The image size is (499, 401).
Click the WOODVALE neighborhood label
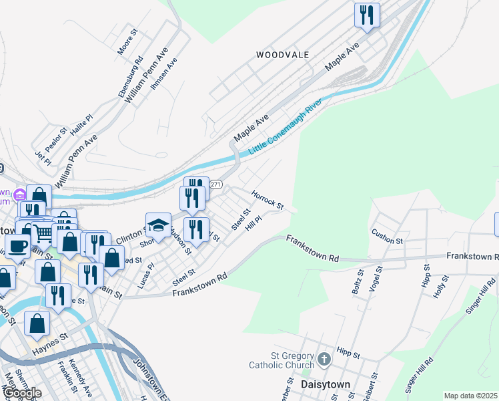[282, 55]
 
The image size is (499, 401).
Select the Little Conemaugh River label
[286, 127]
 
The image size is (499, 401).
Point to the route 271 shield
[215, 184]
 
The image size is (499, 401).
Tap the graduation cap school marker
[159, 225]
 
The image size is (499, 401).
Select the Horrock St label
[268, 198]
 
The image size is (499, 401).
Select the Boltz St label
[356, 281]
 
